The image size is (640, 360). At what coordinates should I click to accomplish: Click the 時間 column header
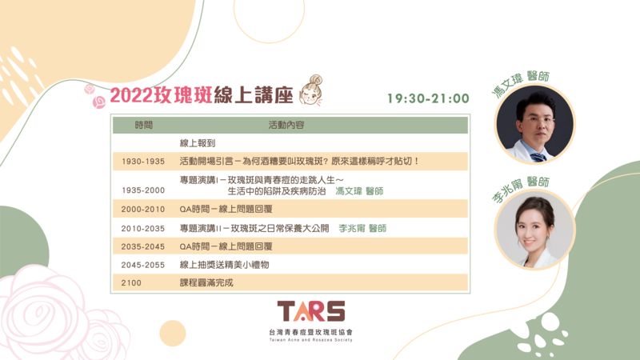(x=143, y=125)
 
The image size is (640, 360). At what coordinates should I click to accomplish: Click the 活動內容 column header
(x=286, y=125)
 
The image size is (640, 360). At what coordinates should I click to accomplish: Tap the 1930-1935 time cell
(x=143, y=162)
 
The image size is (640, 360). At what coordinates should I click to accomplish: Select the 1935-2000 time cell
(x=143, y=190)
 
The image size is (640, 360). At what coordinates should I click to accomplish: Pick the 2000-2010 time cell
(x=143, y=209)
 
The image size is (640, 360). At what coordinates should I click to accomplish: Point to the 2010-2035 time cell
(x=143, y=229)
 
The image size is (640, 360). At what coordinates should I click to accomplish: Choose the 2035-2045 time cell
(x=143, y=246)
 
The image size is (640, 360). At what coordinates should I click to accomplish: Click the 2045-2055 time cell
(x=143, y=265)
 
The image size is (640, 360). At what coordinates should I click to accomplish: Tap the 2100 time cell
(x=131, y=282)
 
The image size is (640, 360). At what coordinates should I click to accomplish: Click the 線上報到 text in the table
(x=198, y=143)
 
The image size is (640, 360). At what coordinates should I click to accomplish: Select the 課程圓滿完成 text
(x=206, y=282)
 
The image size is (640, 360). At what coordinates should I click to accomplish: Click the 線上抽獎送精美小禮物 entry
(x=224, y=265)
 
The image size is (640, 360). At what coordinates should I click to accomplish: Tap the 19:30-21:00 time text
(x=428, y=98)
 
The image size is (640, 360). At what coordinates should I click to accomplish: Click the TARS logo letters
(x=311, y=311)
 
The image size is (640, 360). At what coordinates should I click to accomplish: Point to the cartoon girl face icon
(x=310, y=90)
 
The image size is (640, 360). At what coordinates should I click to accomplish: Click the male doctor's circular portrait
(x=534, y=124)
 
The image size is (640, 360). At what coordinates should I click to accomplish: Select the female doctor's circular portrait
(x=534, y=230)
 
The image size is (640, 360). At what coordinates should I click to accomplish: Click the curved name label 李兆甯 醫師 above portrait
(x=522, y=188)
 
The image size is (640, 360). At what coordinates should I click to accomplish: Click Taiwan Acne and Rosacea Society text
(x=310, y=339)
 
